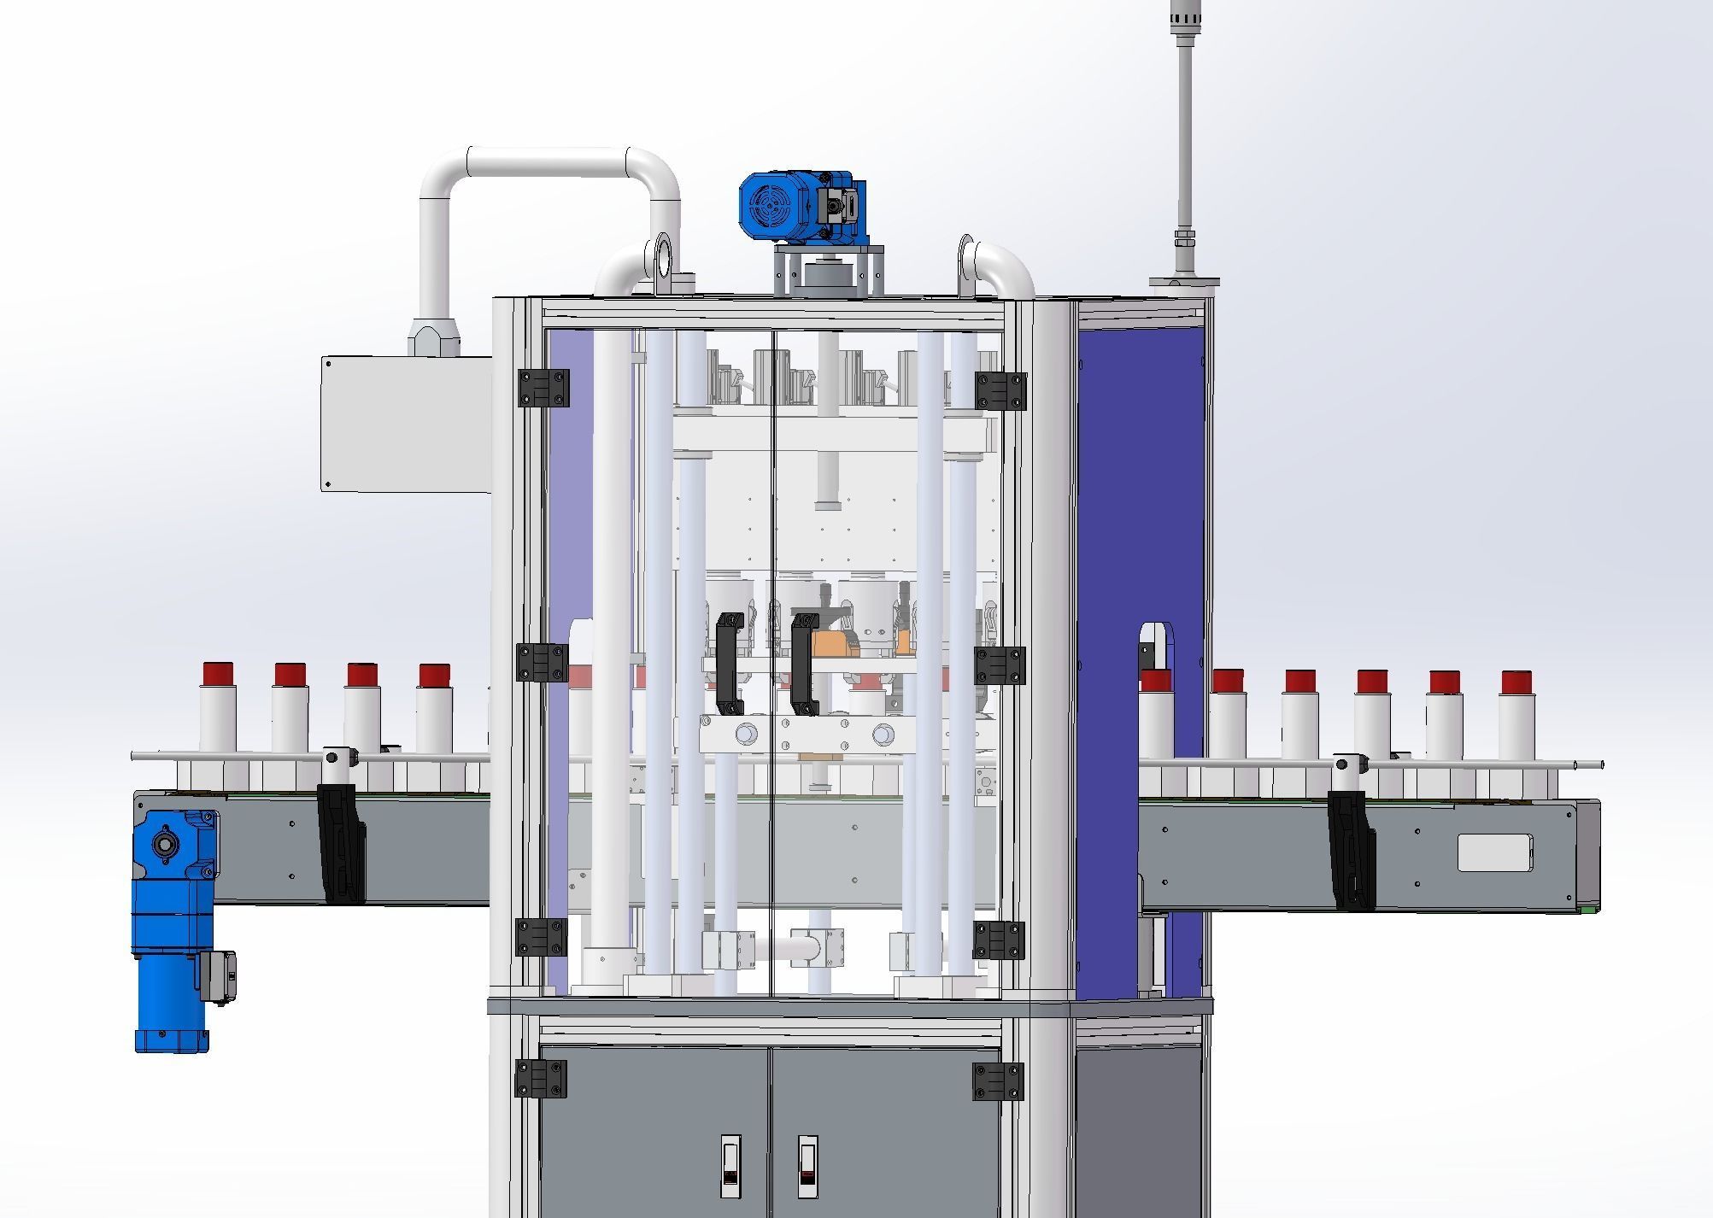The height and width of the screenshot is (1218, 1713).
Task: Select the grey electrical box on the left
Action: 407,425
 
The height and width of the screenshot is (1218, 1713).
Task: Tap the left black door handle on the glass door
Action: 729,663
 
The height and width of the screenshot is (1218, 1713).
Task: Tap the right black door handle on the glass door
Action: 804,663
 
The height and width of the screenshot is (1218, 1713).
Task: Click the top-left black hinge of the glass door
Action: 543,389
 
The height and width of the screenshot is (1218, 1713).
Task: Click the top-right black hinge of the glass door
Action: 1000,391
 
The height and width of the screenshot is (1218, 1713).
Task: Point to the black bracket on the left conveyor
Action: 340,841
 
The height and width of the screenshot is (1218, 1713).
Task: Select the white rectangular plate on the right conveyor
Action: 1494,853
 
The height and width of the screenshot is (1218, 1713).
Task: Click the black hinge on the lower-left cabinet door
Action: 540,1079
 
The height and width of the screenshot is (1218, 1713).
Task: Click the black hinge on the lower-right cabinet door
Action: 998,1081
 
